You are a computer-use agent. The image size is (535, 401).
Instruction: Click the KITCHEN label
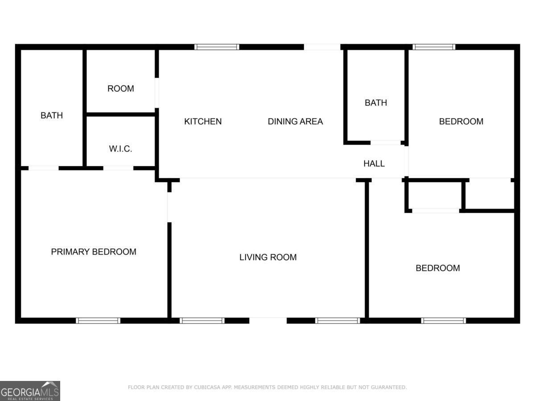[203, 121]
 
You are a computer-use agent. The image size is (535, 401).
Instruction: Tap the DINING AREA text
[295, 121]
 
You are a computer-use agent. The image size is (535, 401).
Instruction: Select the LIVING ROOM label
[268, 257]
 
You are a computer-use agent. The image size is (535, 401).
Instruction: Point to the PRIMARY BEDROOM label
[94, 252]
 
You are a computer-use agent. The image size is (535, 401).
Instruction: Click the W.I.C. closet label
[120, 149]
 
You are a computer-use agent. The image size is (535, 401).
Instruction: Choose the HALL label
[374, 164]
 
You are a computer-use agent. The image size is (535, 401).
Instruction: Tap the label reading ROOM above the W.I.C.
[120, 89]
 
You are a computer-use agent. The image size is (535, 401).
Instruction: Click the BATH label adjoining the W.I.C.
[52, 115]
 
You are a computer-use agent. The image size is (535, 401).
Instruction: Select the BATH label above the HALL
[376, 102]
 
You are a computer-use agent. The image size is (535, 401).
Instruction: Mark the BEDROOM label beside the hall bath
[461, 121]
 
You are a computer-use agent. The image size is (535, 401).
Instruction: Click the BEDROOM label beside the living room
[438, 268]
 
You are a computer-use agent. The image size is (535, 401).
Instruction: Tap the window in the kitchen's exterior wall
[217, 47]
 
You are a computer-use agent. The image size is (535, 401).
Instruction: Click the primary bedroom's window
[98, 320]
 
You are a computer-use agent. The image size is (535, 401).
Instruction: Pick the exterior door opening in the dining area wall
[322, 47]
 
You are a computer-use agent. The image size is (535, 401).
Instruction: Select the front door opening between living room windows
[268, 320]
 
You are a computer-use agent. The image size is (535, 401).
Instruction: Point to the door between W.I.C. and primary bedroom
[118, 168]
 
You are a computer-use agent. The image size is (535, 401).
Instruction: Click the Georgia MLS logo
[30, 391]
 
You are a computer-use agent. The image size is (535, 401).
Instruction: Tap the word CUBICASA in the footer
[208, 388]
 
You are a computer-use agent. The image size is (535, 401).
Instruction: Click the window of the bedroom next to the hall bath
[434, 47]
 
